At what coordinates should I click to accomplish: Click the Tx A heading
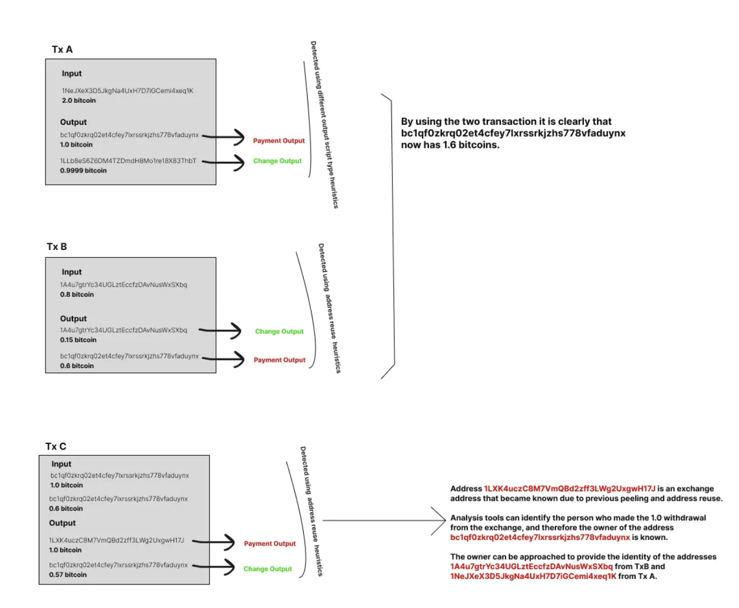tap(62, 49)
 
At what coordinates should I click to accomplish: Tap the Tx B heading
tap(57, 247)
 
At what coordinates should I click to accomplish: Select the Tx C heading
tap(56, 446)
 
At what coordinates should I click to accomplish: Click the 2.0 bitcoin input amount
tap(79, 101)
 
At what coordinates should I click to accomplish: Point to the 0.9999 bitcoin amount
tap(83, 170)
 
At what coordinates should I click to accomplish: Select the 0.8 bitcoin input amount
tap(77, 294)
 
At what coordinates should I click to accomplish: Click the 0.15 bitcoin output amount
tap(78, 340)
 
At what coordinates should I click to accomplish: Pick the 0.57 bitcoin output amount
tap(68, 575)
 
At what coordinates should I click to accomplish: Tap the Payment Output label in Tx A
tap(279, 141)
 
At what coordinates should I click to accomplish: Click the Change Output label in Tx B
tap(279, 332)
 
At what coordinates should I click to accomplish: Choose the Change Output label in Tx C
tap(267, 569)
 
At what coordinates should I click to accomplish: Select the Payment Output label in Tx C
tap(270, 543)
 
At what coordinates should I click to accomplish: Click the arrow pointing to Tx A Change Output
tap(224, 162)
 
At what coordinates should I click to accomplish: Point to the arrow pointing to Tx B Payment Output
tap(223, 358)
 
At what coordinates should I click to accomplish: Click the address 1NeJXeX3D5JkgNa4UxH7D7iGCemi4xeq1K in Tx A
tap(127, 90)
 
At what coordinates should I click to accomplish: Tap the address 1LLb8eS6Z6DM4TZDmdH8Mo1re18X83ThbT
tap(128, 161)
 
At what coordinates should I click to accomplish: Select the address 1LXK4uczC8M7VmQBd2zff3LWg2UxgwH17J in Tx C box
tap(116, 540)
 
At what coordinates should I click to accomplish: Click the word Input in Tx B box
tap(71, 272)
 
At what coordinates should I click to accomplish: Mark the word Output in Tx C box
tap(62, 523)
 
